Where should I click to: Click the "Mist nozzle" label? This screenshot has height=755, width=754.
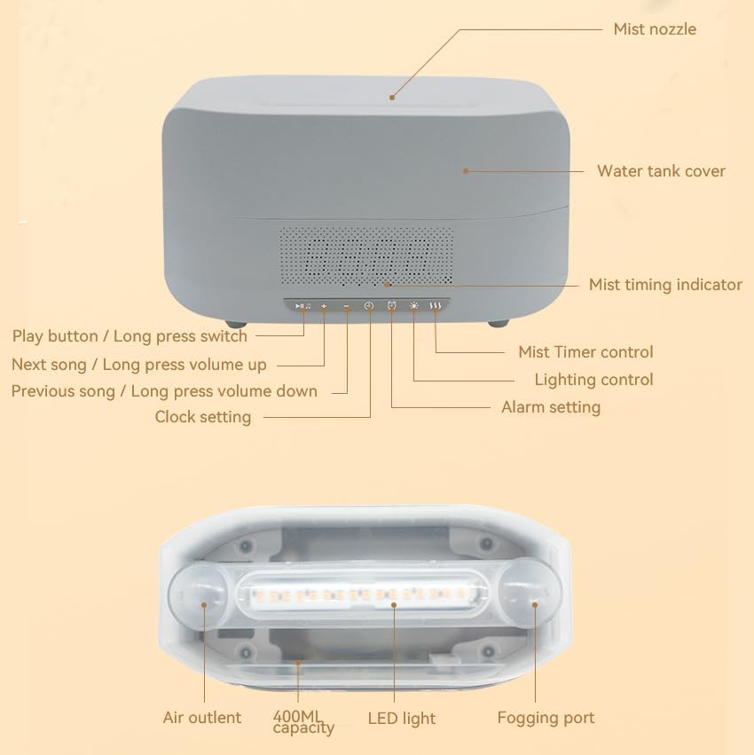(x=655, y=29)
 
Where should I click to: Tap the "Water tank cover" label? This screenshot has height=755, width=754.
(x=661, y=171)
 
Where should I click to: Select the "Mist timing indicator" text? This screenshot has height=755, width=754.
(x=665, y=285)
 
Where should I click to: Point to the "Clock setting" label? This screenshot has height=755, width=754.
(x=203, y=417)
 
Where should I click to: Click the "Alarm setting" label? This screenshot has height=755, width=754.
(x=551, y=407)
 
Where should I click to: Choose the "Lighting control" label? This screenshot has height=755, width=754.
(x=593, y=380)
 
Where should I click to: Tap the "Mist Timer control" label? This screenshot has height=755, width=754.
(x=585, y=352)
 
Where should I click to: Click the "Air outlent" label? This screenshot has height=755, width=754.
(x=201, y=718)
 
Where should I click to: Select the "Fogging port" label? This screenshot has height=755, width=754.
(x=546, y=718)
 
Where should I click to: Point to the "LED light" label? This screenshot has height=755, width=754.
(x=402, y=719)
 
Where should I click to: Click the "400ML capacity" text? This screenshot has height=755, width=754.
(x=303, y=722)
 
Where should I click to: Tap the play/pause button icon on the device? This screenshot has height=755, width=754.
(x=302, y=306)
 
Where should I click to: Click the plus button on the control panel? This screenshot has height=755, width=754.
(x=324, y=306)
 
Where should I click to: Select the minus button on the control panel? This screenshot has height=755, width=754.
(x=347, y=306)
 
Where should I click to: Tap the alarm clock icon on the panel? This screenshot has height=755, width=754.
(x=392, y=305)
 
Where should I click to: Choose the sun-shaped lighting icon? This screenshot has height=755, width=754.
(x=414, y=306)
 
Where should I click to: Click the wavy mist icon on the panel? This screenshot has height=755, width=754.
(x=436, y=306)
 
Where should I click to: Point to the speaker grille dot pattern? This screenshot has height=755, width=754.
(x=366, y=256)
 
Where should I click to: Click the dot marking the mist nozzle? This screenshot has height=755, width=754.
(x=392, y=98)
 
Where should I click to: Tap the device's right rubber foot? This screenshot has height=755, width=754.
(x=499, y=323)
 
